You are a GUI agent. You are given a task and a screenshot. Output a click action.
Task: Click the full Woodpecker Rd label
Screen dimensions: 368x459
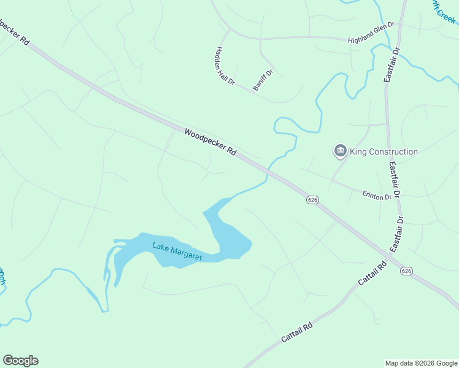pyautogui.click(x=210, y=141)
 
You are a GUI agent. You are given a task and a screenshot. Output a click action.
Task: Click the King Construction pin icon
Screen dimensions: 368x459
pyautogui.click(x=340, y=151)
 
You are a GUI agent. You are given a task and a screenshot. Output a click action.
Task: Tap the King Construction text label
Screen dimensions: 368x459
pyautogui.click(x=384, y=151)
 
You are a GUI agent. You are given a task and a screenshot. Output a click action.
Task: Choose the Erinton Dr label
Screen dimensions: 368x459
pyautogui.click(x=377, y=196)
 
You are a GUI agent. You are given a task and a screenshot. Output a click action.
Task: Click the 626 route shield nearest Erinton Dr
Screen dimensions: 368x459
pyautogui.click(x=313, y=200)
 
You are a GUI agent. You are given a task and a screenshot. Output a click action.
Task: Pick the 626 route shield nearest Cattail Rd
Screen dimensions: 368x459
pyautogui.click(x=406, y=270)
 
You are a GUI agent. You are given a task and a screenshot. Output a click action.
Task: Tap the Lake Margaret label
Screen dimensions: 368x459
pyautogui.click(x=177, y=251)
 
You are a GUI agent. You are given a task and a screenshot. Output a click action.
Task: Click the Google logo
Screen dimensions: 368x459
pyautogui.click(x=20, y=361)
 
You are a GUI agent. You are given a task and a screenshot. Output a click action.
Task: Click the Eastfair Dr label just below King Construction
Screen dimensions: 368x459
pyautogui.click(x=393, y=178)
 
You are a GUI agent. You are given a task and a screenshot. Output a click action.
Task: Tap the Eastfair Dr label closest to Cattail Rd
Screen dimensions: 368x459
pyautogui.click(x=397, y=234)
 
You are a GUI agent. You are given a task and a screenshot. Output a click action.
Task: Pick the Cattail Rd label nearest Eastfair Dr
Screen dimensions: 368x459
pyautogui.click(x=373, y=275)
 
